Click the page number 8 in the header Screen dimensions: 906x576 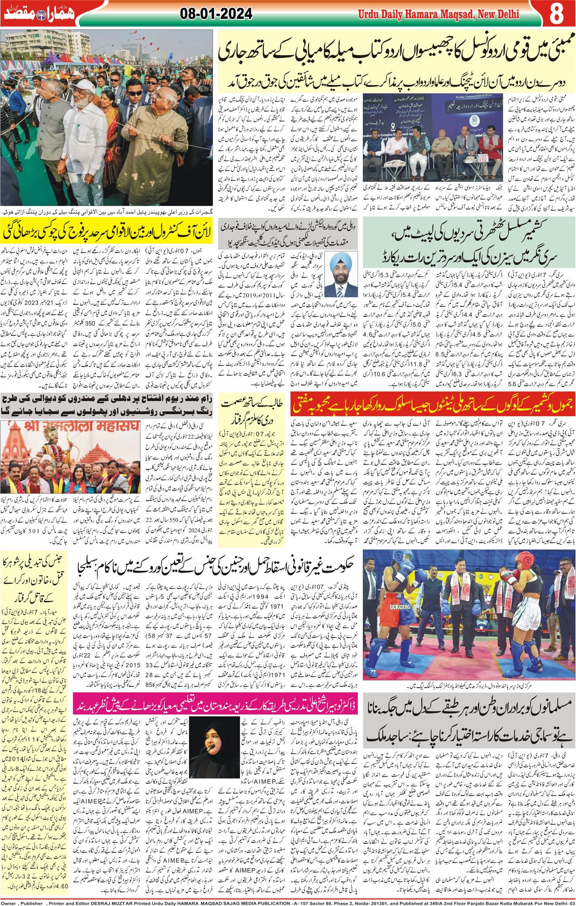(x=556, y=14)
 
